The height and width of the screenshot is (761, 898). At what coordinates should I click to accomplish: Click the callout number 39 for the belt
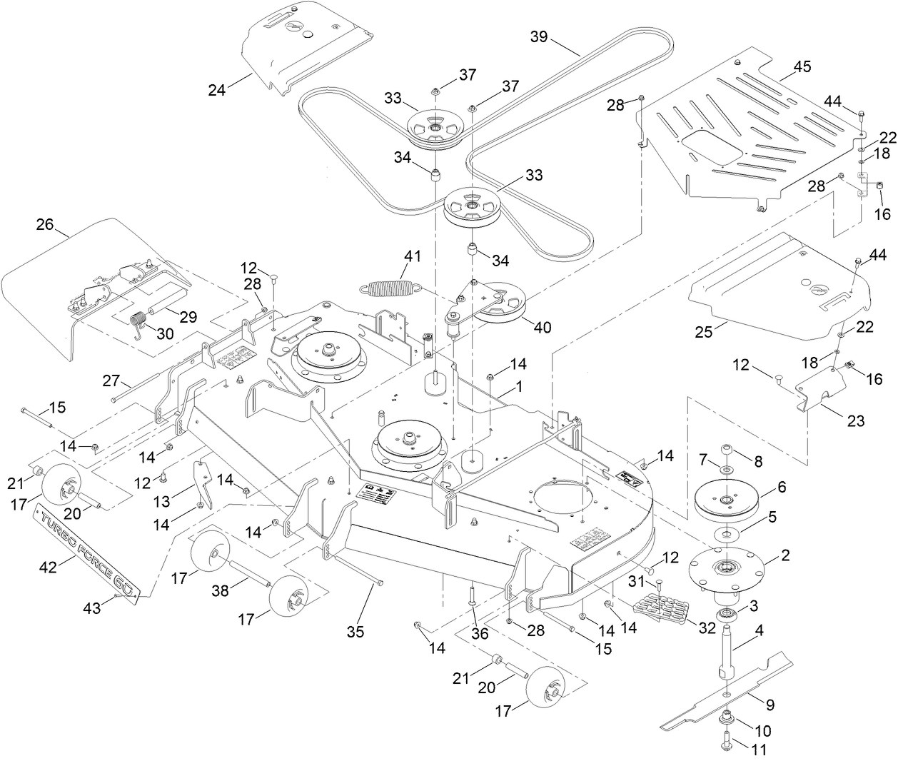pyautogui.click(x=539, y=36)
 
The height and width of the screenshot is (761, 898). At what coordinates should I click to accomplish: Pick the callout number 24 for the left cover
pyautogui.click(x=217, y=90)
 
